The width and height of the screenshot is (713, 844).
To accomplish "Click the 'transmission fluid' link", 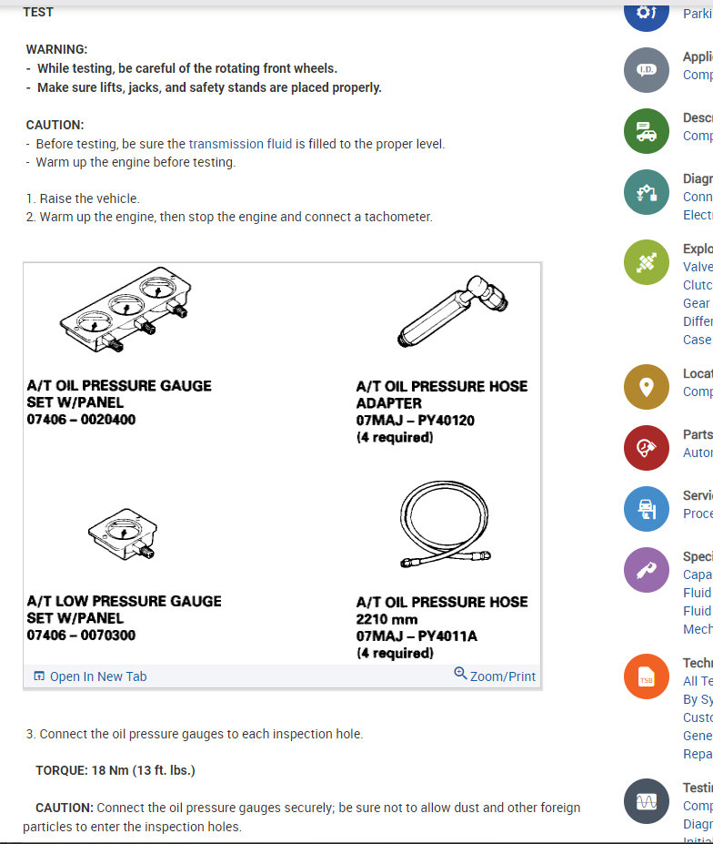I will pos(240,144).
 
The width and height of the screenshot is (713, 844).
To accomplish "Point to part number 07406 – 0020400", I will pos(81,420).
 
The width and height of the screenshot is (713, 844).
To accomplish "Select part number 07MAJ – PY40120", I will pos(416,421).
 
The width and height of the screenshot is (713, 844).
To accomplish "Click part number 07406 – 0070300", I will pos(81,635).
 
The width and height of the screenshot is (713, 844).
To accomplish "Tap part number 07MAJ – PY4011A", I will pos(417,636).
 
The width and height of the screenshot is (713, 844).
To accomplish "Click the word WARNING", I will pos(56,49).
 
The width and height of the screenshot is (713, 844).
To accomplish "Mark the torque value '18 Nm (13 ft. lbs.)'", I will pos(143,770).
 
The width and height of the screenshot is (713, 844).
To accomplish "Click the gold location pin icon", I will pos(647,386).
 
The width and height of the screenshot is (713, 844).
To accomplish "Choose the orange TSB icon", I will pos(647,677).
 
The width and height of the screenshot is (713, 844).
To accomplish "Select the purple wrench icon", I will pos(647,570).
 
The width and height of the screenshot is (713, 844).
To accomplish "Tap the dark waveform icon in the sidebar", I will pos(647,802).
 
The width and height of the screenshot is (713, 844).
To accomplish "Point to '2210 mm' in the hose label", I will pos(387,619).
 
